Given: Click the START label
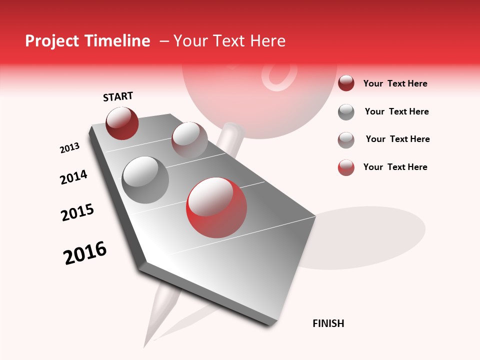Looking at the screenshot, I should (118, 96).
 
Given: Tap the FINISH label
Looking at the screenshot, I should (328, 323).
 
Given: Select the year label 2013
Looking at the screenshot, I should (69, 148).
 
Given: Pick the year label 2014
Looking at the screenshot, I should (73, 177).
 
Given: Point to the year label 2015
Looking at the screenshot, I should (77, 212).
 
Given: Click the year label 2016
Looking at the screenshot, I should (85, 253).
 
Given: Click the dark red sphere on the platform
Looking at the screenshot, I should (122, 123).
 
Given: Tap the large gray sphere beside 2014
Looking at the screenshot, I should (145, 180).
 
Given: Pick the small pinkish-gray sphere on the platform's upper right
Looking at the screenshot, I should (189, 139).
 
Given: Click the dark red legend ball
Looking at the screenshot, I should (346, 83).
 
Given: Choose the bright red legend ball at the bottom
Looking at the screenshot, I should (346, 167).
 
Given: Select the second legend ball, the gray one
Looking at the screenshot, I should (346, 112).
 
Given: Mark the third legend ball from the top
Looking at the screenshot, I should (346, 140).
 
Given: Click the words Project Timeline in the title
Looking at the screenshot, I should (87, 41).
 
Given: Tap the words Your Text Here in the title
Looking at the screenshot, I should (229, 41).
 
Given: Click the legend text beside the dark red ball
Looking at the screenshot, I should (395, 83).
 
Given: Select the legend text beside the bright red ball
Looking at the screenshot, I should (395, 167).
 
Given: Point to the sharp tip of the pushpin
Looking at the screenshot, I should (145, 345).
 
